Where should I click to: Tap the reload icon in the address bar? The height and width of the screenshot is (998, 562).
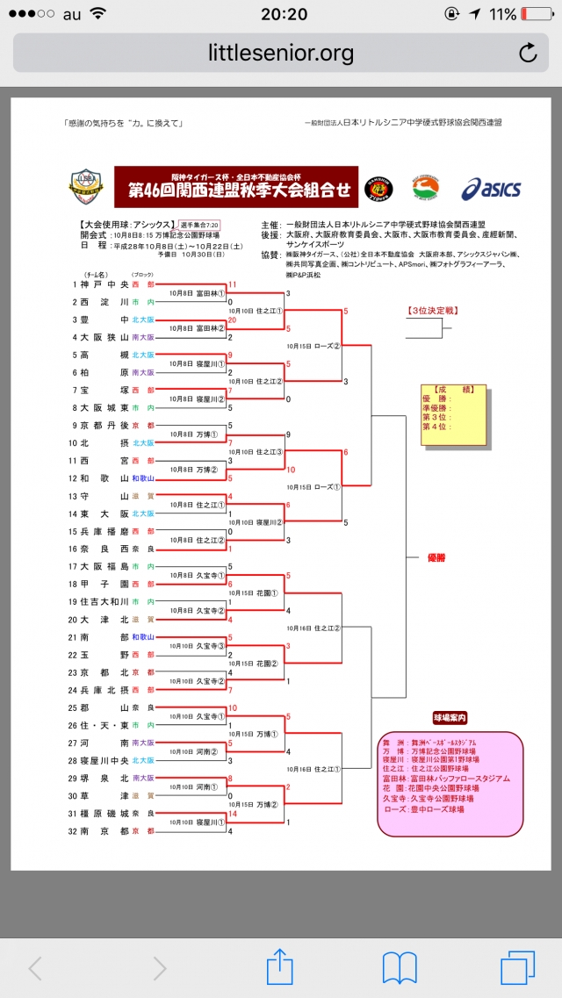(528, 53)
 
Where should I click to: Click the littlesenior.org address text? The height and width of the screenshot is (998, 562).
(281, 53)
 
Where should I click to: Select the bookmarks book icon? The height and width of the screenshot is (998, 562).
(399, 967)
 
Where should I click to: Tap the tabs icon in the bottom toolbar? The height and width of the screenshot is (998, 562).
(517, 967)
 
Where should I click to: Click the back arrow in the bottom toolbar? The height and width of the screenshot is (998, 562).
(35, 968)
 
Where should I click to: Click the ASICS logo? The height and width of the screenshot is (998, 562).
(491, 189)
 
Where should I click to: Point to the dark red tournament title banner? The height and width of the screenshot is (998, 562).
(236, 186)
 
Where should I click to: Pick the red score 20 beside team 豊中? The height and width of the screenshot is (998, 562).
(233, 320)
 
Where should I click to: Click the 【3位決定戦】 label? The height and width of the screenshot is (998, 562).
(433, 311)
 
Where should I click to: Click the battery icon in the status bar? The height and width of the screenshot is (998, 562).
(537, 15)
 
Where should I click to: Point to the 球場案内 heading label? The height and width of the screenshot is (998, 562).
(450, 717)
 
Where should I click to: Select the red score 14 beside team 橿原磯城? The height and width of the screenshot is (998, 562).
(232, 814)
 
